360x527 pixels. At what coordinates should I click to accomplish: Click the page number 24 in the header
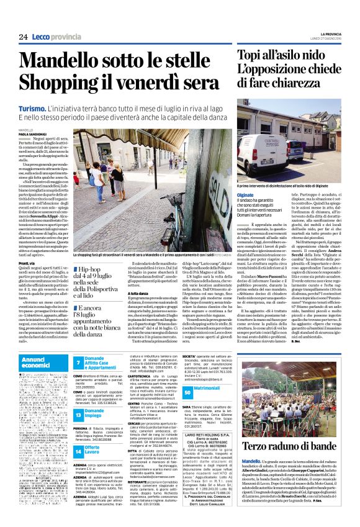click(22, 37)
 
